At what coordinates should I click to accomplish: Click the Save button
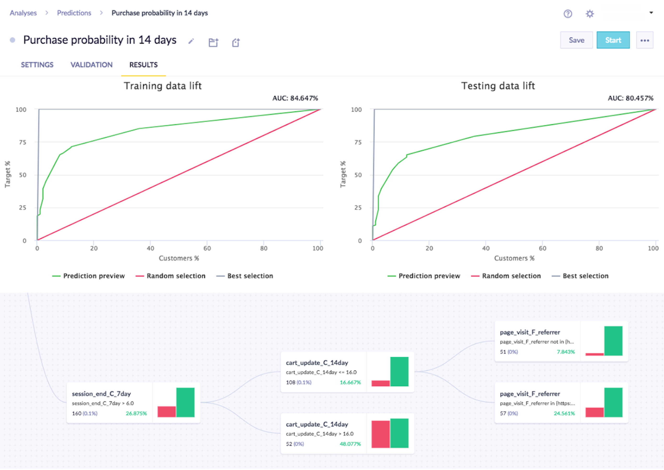point(576,40)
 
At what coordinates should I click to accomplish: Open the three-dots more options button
point(644,40)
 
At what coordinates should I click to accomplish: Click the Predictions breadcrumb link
point(74,13)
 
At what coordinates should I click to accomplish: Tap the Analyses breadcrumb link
point(23,13)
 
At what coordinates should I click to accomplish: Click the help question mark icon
point(568,14)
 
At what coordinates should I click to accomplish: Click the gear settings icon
point(590,14)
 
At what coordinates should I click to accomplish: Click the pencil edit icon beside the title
point(191,41)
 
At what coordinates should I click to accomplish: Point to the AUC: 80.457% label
point(630,98)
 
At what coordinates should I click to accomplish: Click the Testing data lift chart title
point(498,86)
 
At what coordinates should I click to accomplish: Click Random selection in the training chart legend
point(176,276)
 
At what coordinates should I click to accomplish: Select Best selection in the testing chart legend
point(585,276)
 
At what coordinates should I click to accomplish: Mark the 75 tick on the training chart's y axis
point(23,142)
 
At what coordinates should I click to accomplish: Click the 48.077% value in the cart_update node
point(350,444)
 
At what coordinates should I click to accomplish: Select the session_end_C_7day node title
point(101,394)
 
